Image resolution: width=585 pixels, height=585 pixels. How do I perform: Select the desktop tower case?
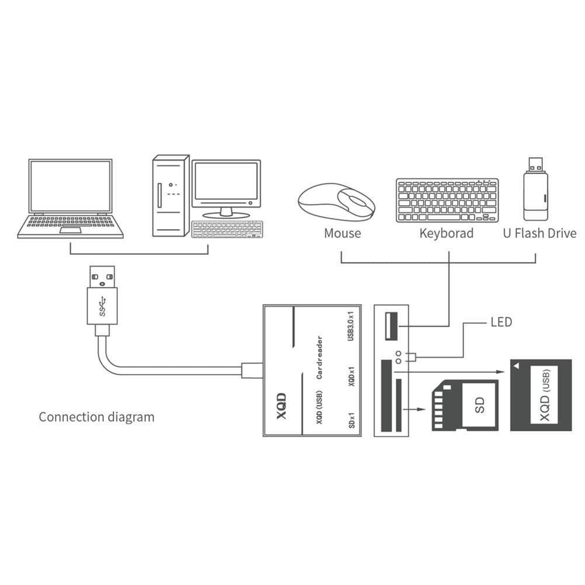[x=170, y=196]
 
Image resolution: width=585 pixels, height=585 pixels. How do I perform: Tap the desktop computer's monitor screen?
[x=226, y=182]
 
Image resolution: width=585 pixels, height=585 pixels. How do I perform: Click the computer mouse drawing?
[x=336, y=202]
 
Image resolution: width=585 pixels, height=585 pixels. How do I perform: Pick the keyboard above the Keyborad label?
[x=446, y=200]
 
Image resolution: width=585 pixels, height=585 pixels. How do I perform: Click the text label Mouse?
[x=342, y=234]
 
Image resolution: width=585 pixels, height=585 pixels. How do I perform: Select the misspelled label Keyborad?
[x=446, y=234]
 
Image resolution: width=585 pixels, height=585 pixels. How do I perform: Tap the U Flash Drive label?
[x=539, y=234]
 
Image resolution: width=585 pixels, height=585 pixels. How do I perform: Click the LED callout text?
[x=500, y=323]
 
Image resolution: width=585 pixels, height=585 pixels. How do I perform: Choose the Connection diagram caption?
[x=96, y=417]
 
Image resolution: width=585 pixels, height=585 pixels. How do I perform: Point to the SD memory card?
[x=465, y=405]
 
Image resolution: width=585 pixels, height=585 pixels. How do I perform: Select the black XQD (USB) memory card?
[x=540, y=395]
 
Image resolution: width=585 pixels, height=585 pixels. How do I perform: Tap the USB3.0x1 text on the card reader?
[x=351, y=329]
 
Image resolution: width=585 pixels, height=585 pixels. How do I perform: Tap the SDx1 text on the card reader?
[x=352, y=419]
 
